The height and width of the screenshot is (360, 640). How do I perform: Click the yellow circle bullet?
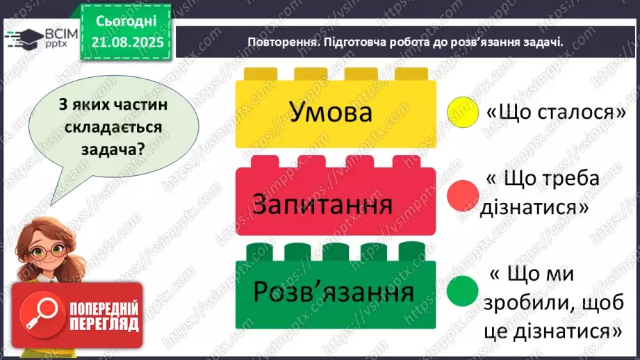[x=463, y=112]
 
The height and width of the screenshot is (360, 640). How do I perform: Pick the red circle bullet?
[x=464, y=196]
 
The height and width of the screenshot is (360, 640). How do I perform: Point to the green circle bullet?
[x=464, y=291]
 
